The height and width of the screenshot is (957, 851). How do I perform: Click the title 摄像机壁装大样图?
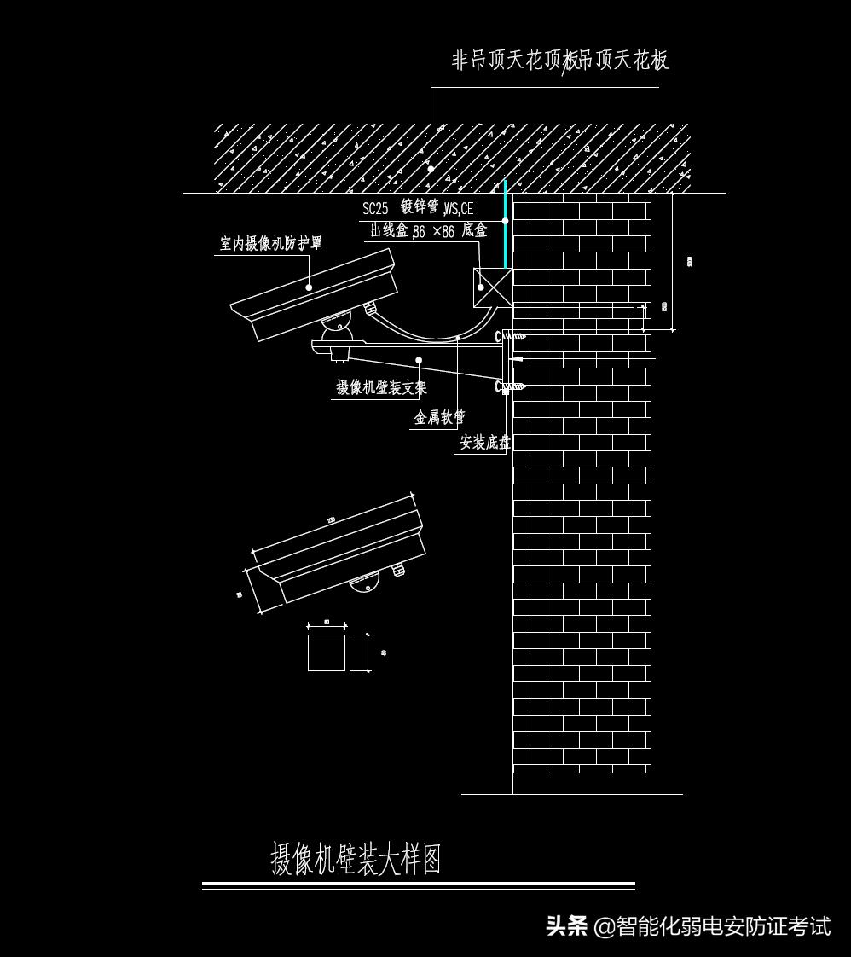pos(356,859)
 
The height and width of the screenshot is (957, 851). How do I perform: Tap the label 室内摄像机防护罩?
pos(271,244)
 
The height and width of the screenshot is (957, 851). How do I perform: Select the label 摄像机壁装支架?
pos(381,388)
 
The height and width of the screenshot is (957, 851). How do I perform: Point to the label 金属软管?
pos(440,417)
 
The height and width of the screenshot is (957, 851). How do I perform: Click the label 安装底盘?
pos(485,443)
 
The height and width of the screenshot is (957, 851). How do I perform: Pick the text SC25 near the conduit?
pos(375,209)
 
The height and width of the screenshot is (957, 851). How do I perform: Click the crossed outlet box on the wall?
pos(493,287)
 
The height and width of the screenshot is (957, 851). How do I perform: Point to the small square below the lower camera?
pos(327,652)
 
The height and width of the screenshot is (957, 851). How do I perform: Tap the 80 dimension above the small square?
pos(327,623)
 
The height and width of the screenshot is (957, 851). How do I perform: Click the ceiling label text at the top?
pos(559,60)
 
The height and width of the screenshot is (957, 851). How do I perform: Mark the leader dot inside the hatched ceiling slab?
pos(431,169)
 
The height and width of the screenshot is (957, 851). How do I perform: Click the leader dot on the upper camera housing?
pos(309,287)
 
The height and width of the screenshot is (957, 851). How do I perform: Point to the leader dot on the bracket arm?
pos(419,360)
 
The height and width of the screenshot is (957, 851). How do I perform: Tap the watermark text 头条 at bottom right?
pos(567,925)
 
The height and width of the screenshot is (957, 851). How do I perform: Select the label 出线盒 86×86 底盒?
pos(428,231)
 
